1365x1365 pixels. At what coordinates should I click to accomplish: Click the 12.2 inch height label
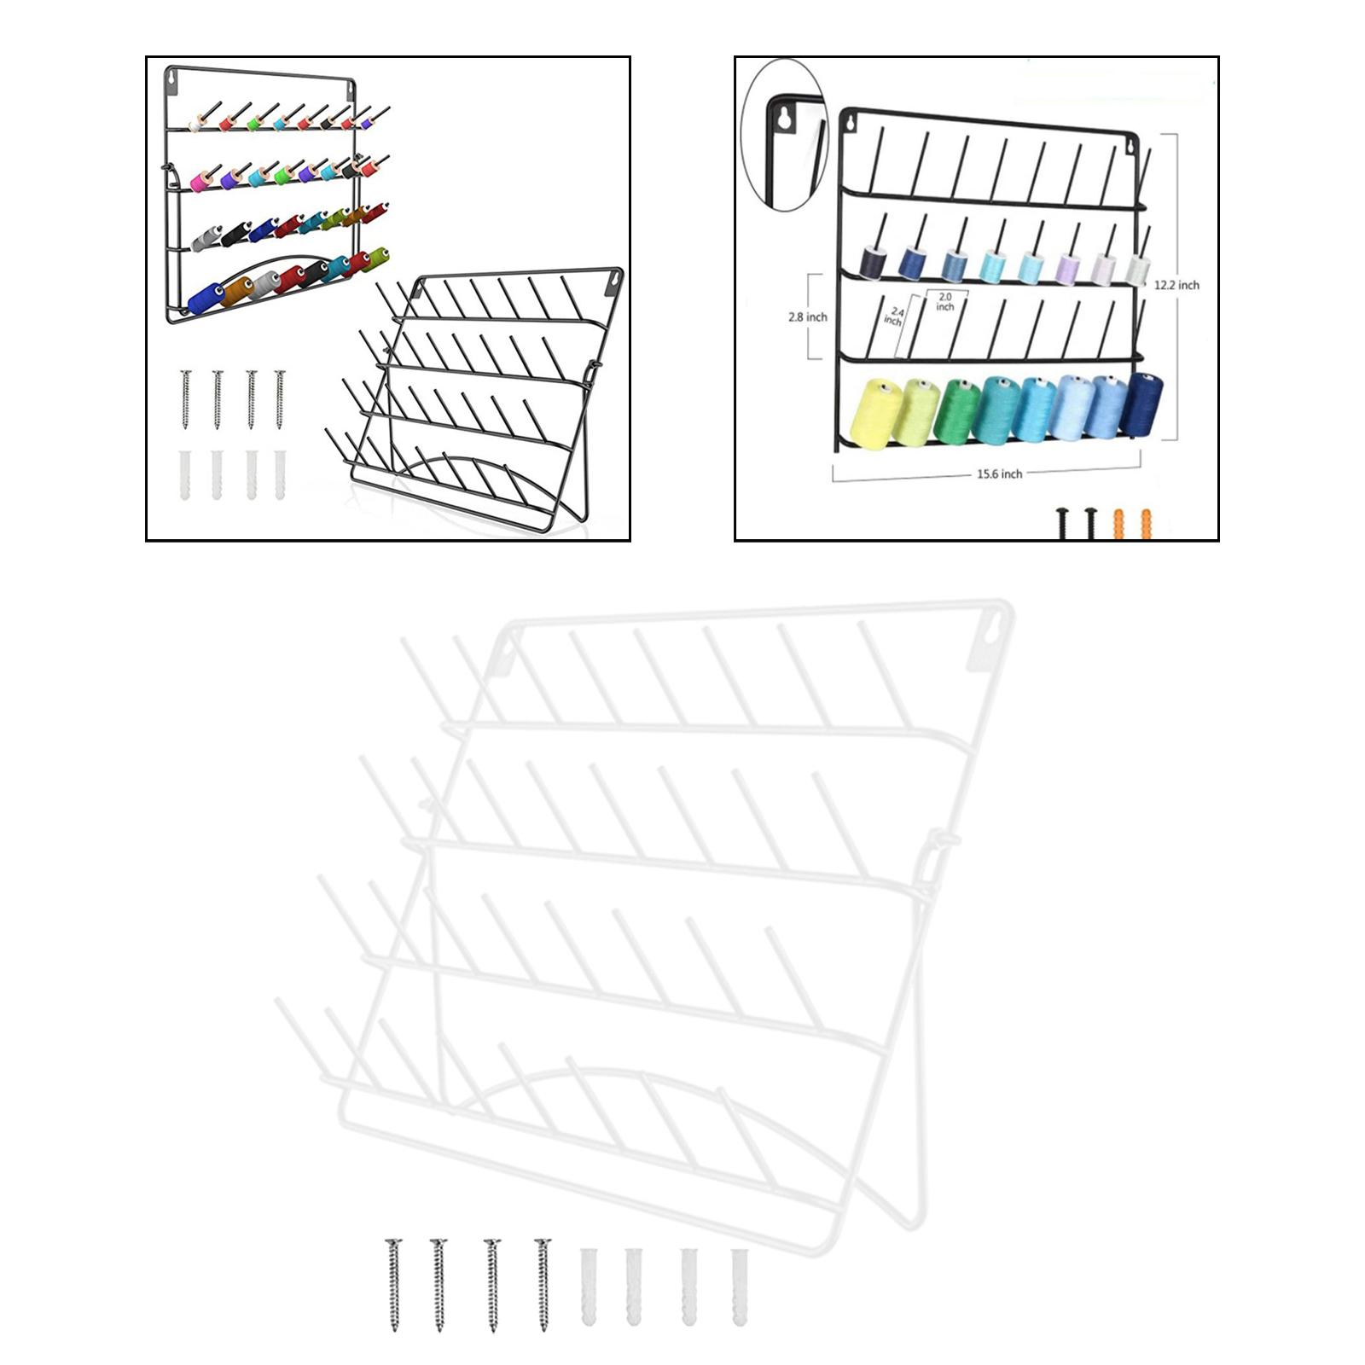[x=1176, y=285]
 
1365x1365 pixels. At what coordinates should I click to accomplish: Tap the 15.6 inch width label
[x=999, y=473]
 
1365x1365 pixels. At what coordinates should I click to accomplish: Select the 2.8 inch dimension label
[x=808, y=317]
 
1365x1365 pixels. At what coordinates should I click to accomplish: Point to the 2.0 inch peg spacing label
[x=944, y=301]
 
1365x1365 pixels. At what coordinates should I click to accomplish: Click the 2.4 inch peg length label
[x=893, y=317]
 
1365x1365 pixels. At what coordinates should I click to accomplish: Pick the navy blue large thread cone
[x=1138, y=404]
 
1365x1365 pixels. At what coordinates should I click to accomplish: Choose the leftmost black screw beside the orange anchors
[x=1063, y=522]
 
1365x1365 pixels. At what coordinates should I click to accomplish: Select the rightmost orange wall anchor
[x=1146, y=523]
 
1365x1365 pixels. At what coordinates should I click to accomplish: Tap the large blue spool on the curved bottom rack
[x=204, y=299]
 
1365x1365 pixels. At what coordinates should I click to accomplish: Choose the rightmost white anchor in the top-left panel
[x=280, y=474]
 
